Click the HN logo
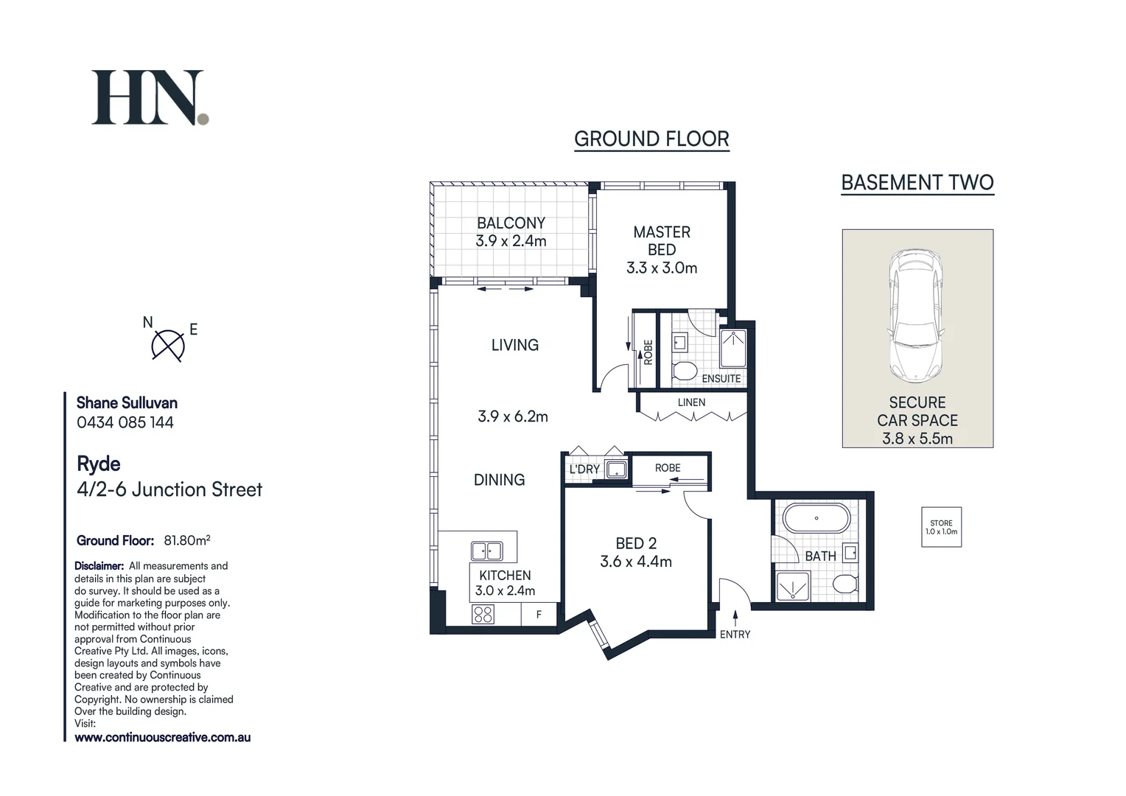coord(150,98)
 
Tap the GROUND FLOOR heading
coord(651,139)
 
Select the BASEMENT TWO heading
coord(917,182)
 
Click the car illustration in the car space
coord(916,315)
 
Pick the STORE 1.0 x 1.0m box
coord(941,527)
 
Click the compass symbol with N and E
coord(168,345)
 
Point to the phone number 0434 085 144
coord(125,422)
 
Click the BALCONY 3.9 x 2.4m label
coord(511,231)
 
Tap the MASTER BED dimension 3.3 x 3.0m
coord(662,268)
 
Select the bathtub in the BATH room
coord(816,518)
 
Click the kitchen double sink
coord(486,551)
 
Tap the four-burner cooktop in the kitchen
coord(483,614)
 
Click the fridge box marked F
coord(539,614)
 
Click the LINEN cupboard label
coord(691,402)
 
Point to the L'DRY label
coord(584,469)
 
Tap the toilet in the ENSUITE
coord(685,371)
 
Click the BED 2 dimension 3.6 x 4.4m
coord(636,562)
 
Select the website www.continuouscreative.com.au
coord(163,737)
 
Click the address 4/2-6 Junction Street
coord(169,489)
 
